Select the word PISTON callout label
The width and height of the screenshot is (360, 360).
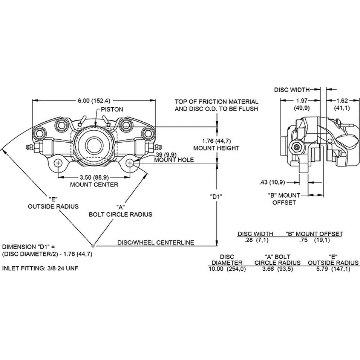tap(112, 109)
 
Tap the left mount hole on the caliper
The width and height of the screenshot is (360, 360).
tap(58, 163)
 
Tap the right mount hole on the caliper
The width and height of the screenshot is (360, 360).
tap(130, 163)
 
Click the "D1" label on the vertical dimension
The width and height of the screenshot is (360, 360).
tap(217, 197)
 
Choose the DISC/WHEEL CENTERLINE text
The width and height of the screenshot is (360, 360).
tap(156, 242)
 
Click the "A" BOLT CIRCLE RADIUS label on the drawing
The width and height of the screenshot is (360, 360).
tap(121, 211)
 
